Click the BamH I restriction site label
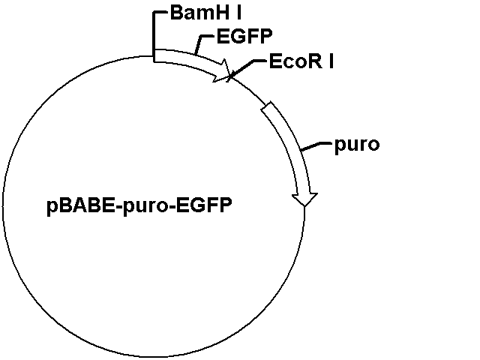[205, 13]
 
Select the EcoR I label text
[301, 61]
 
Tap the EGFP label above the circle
[244, 37]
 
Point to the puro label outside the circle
[357, 145]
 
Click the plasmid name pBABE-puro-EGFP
[139, 205]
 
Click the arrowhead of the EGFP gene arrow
[222, 71]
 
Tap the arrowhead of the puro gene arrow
[304, 200]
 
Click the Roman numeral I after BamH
[238, 13]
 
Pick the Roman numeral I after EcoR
[331, 61]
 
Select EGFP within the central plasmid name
[204, 205]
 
